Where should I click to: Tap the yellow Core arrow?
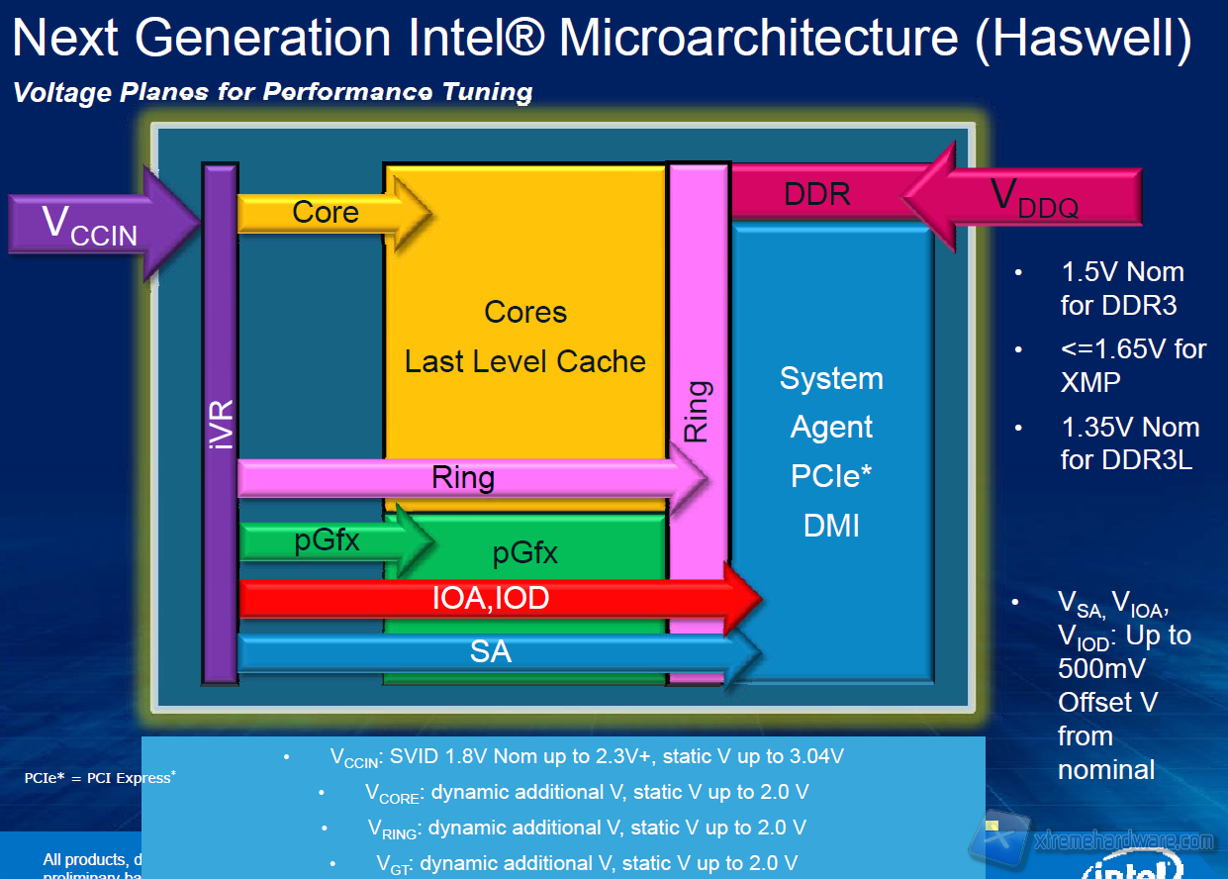327,212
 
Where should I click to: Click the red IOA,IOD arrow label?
491,598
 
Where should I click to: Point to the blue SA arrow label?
491,651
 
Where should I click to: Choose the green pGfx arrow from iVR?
328,540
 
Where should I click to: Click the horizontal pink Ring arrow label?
463,478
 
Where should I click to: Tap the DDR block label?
816,193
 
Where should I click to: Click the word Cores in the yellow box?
525,313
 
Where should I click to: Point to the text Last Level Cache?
525,361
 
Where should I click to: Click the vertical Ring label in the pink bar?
698,411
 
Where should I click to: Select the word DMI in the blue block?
831,525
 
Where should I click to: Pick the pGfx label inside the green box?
524,553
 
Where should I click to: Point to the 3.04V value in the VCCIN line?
810,756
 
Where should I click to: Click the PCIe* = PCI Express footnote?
100,778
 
